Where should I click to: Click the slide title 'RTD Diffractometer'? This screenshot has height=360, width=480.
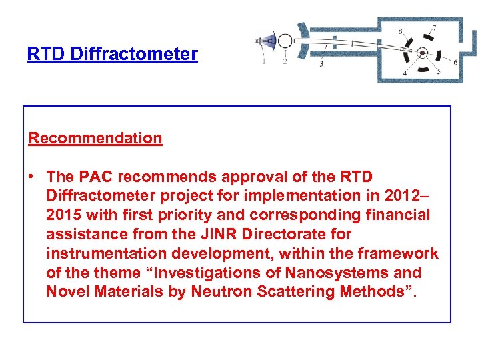tap(112, 54)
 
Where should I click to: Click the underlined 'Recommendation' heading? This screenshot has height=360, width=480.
tap(95, 139)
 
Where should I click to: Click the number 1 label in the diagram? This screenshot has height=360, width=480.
tap(263, 61)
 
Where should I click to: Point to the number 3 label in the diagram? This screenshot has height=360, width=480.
tap(321, 63)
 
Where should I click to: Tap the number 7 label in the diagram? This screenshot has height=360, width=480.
tap(434, 28)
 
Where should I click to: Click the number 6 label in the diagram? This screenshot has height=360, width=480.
tap(455, 62)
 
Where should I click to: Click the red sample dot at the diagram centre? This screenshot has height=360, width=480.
tap(422, 52)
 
